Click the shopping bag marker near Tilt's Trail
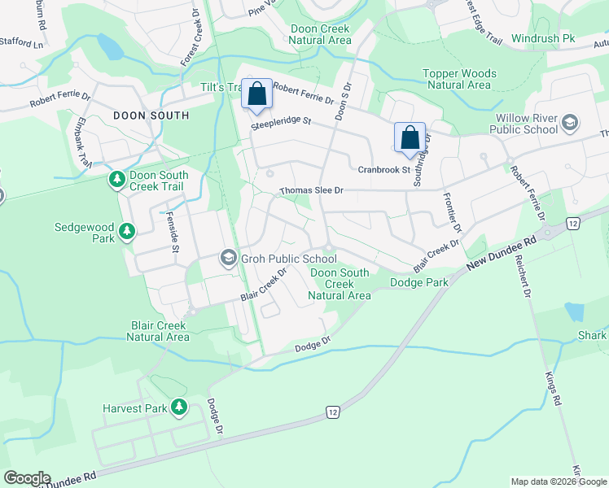pos(256,94)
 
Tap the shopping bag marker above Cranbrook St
pos(410,137)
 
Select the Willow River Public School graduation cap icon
pos(570,123)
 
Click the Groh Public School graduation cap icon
pos(228,259)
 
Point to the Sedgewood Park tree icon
pos(127,233)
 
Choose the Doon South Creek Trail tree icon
pos(117,180)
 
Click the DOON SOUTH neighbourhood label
pos(151,115)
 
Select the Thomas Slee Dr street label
pos(312,190)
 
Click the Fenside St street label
pos(172,232)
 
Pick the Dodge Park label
pos(419,282)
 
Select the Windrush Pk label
pos(543,38)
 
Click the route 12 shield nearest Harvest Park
pos(333,413)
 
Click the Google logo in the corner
pos(27,478)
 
